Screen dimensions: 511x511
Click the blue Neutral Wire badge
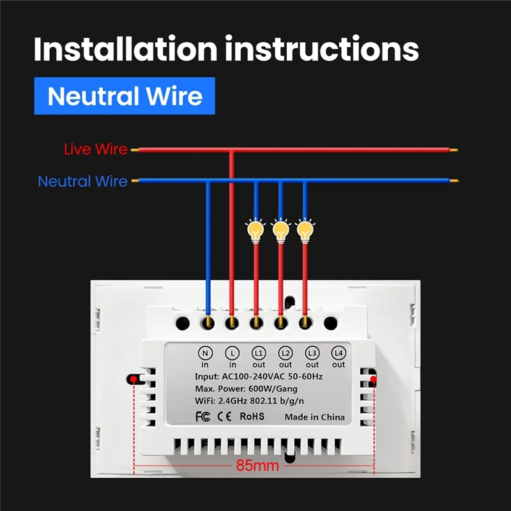pyautogui.click(x=125, y=96)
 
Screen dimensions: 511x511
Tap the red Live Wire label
pyautogui.click(x=95, y=149)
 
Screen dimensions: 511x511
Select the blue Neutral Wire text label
pyautogui.click(x=82, y=181)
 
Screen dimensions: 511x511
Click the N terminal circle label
pyautogui.click(x=206, y=353)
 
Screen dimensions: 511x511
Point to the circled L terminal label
pyautogui.click(x=232, y=353)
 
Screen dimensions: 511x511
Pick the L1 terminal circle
pyautogui.click(x=259, y=353)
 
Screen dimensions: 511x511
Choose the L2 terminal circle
pyautogui.click(x=285, y=353)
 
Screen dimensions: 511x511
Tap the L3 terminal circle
pyautogui.click(x=312, y=353)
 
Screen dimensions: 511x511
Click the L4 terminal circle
pyautogui.click(x=338, y=353)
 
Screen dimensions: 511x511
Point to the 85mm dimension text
pyautogui.click(x=254, y=466)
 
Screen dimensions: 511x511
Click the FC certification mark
pyautogui.click(x=201, y=416)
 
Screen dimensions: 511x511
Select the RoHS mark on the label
pyautogui.click(x=252, y=416)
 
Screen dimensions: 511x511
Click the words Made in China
pyautogui.click(x=314, y=417)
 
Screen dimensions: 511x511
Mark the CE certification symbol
pyautogui.click(x=224, y=416)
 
